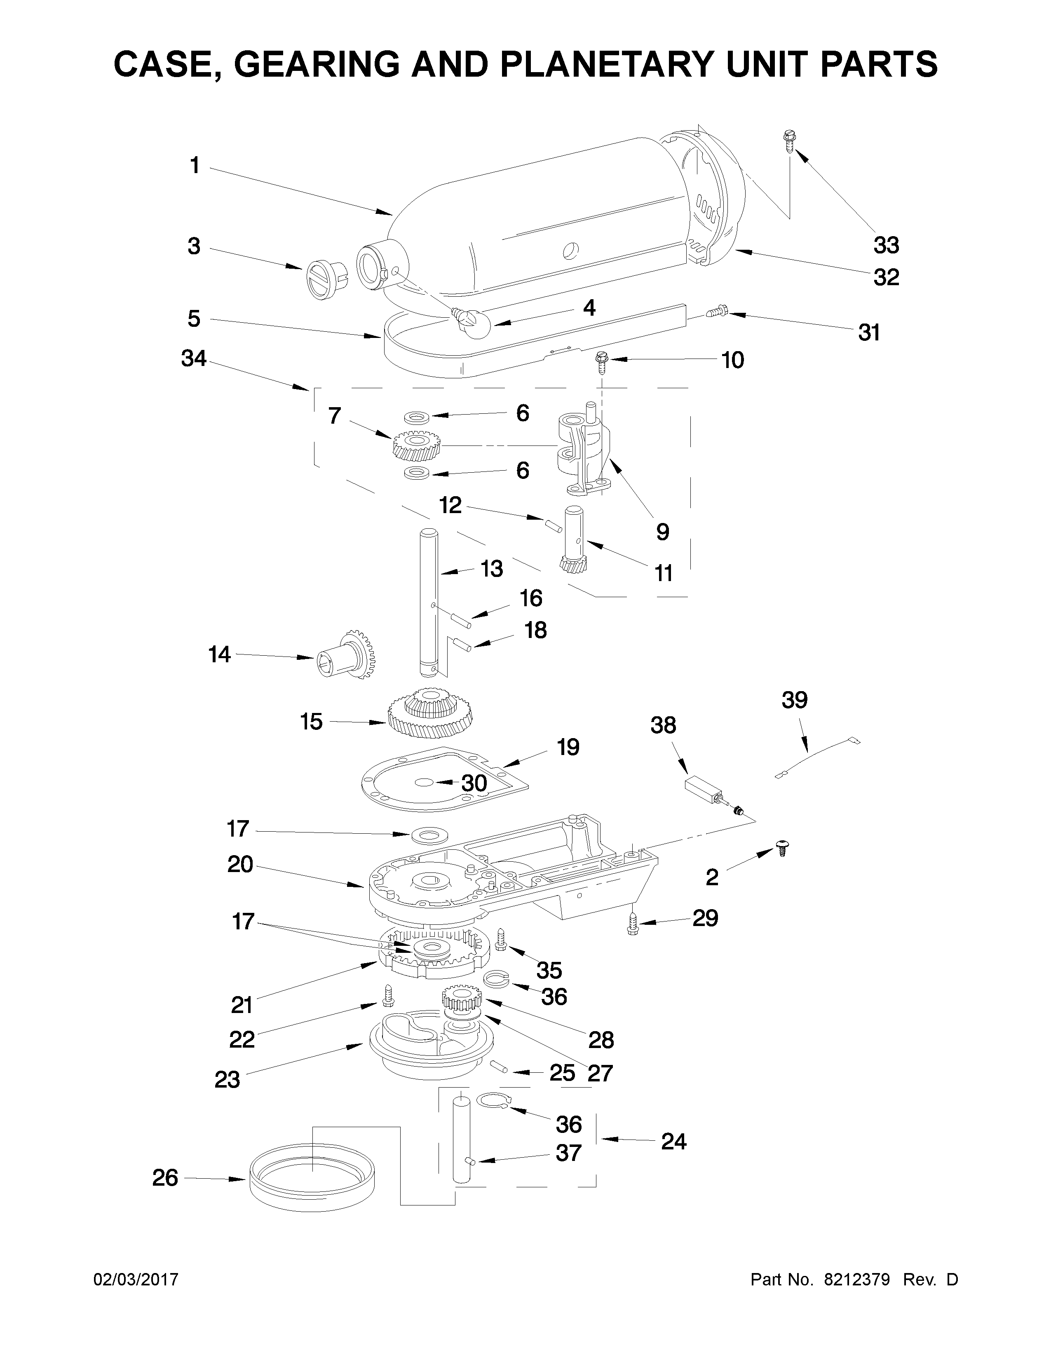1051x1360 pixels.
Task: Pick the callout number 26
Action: pyautogui.click(x=165, y=1178)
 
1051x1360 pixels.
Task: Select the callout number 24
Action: pyautogui.click(x=674, y=1142)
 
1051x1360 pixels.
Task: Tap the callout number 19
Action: pyautogui.click(x=567, y=747)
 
